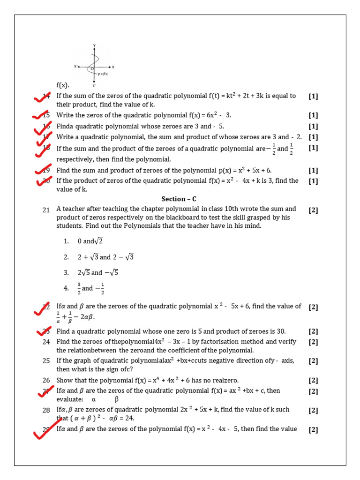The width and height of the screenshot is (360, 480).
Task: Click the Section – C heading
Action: (x=179, y=199)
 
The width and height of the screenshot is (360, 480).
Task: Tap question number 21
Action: (x=46, y=210)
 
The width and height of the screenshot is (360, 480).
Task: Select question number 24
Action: (x=46, y=342)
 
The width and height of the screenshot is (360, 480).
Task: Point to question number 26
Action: (x=46, y=381)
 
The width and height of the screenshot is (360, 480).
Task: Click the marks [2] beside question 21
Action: (x=313, y=210)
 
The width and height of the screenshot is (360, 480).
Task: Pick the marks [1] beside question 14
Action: (x=313, y=96)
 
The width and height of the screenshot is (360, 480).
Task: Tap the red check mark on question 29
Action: (x=47, y=433)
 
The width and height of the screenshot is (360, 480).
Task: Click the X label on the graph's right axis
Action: (x=113, y=67)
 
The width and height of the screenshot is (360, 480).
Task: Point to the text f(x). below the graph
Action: (x=63, y=85)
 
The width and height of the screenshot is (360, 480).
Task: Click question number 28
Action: (x=46, y=410)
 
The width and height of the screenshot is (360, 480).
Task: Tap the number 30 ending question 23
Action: (x=280, y=331)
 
